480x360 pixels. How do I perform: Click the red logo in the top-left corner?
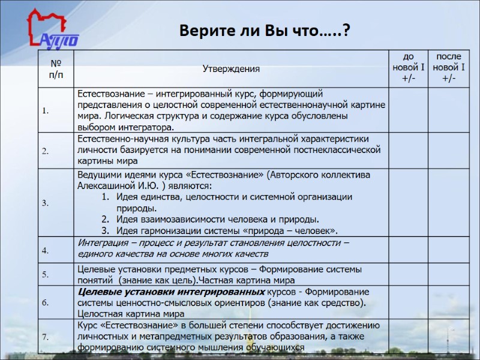(x=50, y=31)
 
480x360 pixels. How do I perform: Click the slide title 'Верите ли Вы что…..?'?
(x=265, y=31)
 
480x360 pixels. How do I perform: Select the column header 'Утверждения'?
(x=231, y=68)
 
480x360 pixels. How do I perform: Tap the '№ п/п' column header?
(x=55, y=68)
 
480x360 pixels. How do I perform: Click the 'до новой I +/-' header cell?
(x=408, y=68)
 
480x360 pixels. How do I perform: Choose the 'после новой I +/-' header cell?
(x=448, y=68)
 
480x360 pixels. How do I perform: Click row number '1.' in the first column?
(x=46, y=111)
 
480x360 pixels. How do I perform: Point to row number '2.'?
(x=46, y=151)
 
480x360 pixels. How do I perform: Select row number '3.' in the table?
(x=46, y=203)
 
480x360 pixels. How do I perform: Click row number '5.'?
(x=46, y=275)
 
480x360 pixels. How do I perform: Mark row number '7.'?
(x=46, y=337)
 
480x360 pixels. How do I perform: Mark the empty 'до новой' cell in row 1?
(x=408, y=111)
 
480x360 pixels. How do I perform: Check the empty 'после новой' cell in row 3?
(x=448, y=203)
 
